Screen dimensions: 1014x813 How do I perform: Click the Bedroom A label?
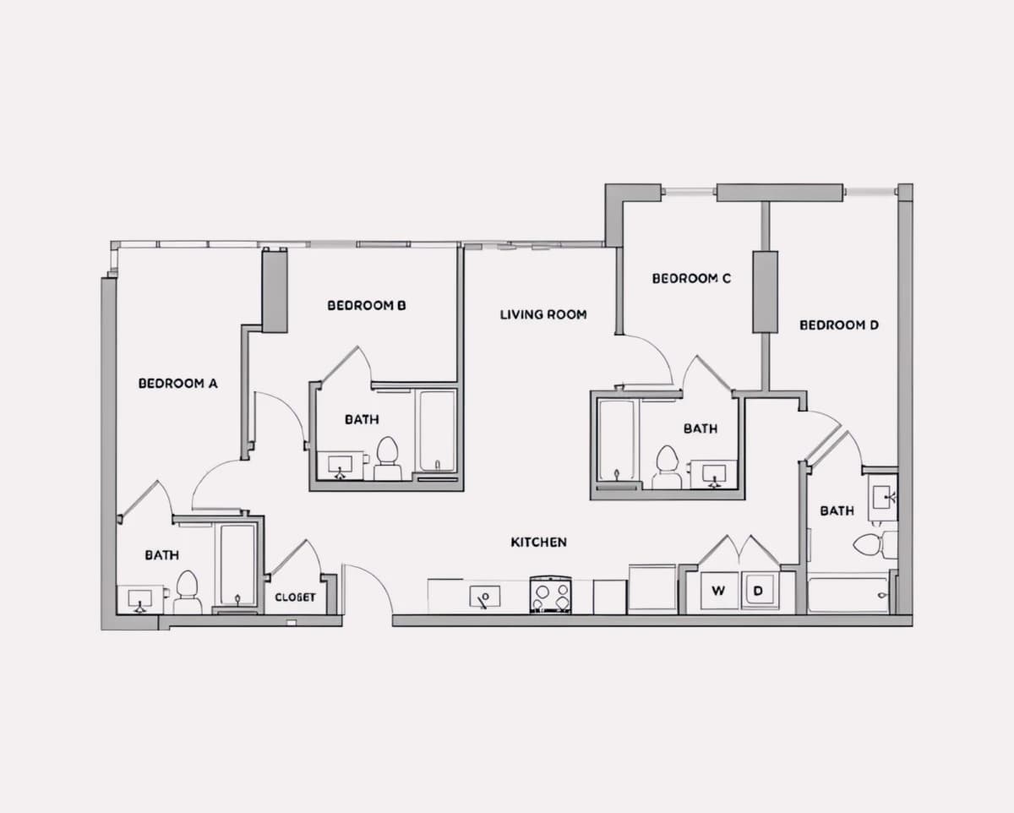click(178, 384)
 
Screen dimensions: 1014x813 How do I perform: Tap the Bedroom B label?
click(367, 306)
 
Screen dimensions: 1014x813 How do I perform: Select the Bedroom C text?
click(691, 279)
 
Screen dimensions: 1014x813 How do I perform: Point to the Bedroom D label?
click(839, 325)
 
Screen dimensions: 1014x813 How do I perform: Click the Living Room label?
click(543, 315)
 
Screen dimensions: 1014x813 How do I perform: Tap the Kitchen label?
click(538, 543)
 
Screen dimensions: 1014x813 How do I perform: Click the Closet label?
click(295, 597)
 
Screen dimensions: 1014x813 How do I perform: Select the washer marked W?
click(718, 591)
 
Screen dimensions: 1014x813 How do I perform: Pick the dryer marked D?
click(760, 591)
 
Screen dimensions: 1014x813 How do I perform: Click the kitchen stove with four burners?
click(550, 595)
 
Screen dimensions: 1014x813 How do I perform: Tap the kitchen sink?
click(485, 597)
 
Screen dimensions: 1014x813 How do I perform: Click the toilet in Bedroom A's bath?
click(187, 592)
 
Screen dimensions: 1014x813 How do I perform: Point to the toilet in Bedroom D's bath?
click(875, 545)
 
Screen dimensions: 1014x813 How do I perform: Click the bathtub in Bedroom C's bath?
click(616, 439)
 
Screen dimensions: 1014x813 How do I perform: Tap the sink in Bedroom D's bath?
click(882, 498)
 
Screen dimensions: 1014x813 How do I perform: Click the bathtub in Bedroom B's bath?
click(437, 431)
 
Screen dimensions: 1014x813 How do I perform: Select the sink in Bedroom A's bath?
click(140, 599)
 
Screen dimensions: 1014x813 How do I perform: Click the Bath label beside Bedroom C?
click(701, 428)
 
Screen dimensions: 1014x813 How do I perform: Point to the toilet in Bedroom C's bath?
click(666, 467)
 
